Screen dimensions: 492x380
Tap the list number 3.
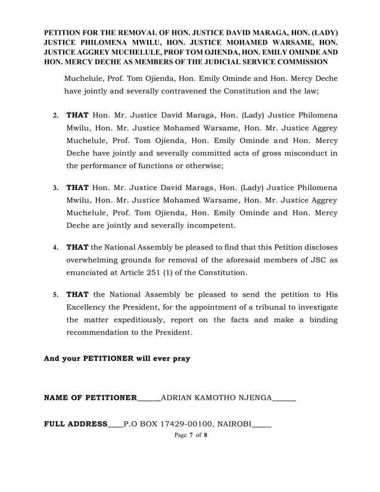(56, 189)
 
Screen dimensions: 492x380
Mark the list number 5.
(56, 294)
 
